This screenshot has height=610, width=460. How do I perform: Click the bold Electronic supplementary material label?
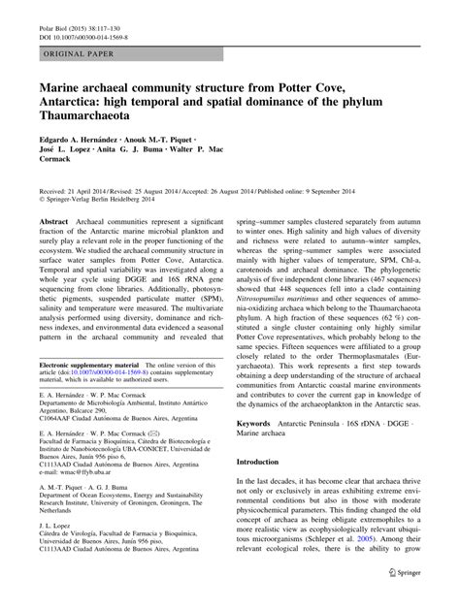tap(92, 365)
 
